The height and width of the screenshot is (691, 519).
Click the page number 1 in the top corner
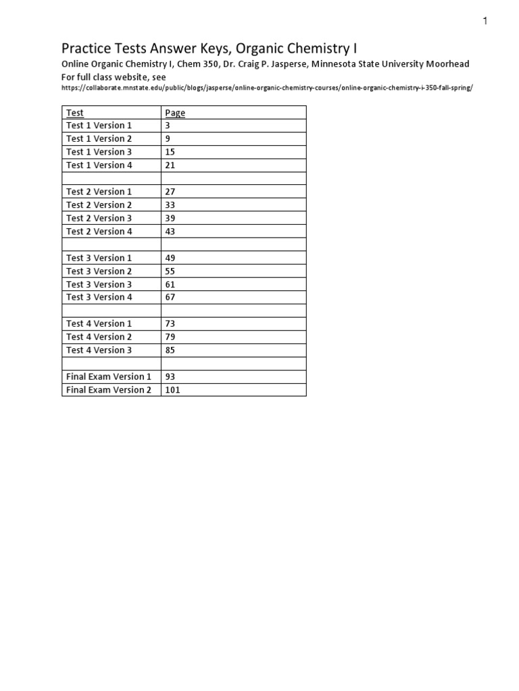[485, 21]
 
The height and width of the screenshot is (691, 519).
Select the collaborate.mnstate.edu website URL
[267, 88]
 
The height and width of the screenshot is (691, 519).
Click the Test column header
[75, 113]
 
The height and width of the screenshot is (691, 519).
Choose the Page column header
[175, 113]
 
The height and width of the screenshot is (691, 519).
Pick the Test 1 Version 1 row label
[99, 126]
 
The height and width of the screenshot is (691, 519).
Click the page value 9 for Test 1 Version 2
[168, 139]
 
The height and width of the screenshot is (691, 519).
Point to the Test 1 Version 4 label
[99, 165]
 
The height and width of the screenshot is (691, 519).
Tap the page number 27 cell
[170, 192]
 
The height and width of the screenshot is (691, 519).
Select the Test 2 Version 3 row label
[99, 218]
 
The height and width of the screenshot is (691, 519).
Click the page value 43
[170, 231]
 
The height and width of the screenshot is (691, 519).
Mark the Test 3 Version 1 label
[99, 258]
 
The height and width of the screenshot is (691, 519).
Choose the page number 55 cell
[170, 271]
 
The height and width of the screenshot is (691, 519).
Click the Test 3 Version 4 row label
[99, 297]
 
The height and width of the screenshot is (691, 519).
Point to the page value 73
[170, 324]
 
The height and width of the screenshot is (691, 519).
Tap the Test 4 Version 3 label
[99, 350]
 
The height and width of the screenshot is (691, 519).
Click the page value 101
[172, 390]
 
